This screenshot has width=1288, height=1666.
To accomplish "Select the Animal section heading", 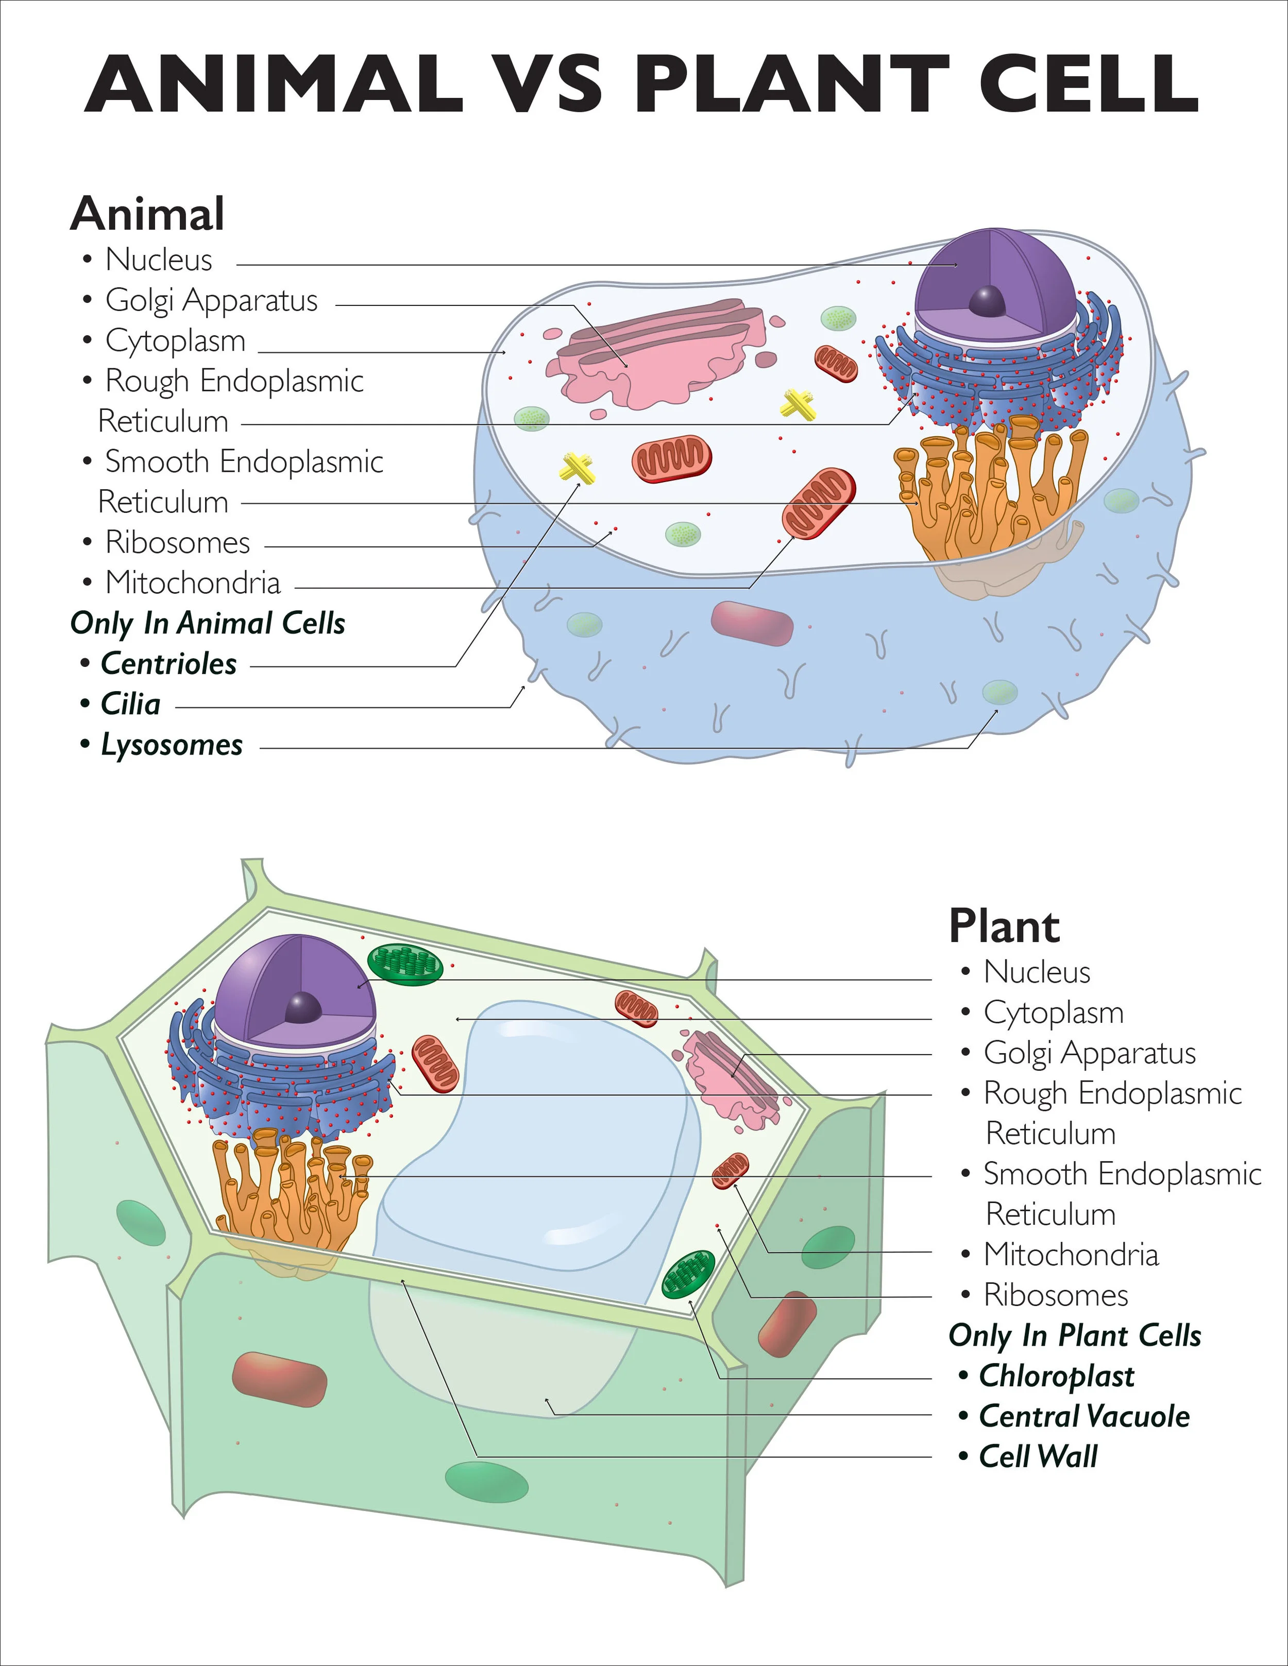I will [147, 214].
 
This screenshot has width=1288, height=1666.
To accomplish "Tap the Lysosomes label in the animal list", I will [172, 745].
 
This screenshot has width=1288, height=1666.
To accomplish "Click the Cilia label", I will [130, 704].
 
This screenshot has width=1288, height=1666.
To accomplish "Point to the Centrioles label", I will [168, 664].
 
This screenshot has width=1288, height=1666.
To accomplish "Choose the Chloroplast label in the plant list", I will [1057, 1376].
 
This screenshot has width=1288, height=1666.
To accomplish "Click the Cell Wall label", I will [1038, 1457].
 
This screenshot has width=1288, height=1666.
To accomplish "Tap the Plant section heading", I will [1004, 927].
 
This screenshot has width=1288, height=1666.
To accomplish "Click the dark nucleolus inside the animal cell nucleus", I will [987, 301].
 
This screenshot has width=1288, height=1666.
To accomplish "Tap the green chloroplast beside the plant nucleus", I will [405, 965].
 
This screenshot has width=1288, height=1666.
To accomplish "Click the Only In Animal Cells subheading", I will [208, 623].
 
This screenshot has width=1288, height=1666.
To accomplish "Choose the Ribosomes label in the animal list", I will [177, 542].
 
